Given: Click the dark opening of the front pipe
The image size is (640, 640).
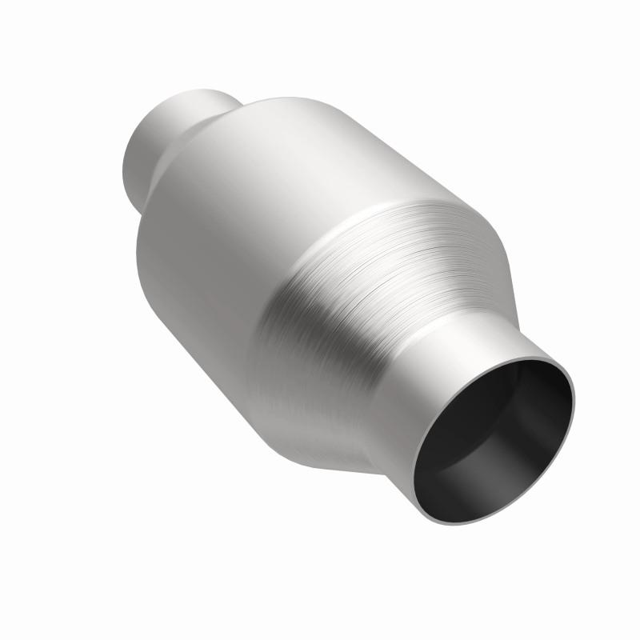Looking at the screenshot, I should (496, 440).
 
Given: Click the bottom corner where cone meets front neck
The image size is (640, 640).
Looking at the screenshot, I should (376, 472).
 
